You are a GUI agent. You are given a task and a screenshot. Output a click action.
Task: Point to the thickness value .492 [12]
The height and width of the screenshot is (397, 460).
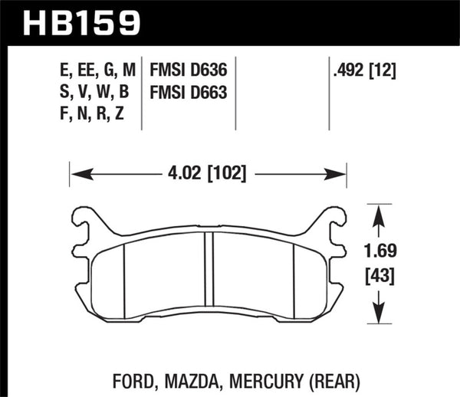coord(365,71)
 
